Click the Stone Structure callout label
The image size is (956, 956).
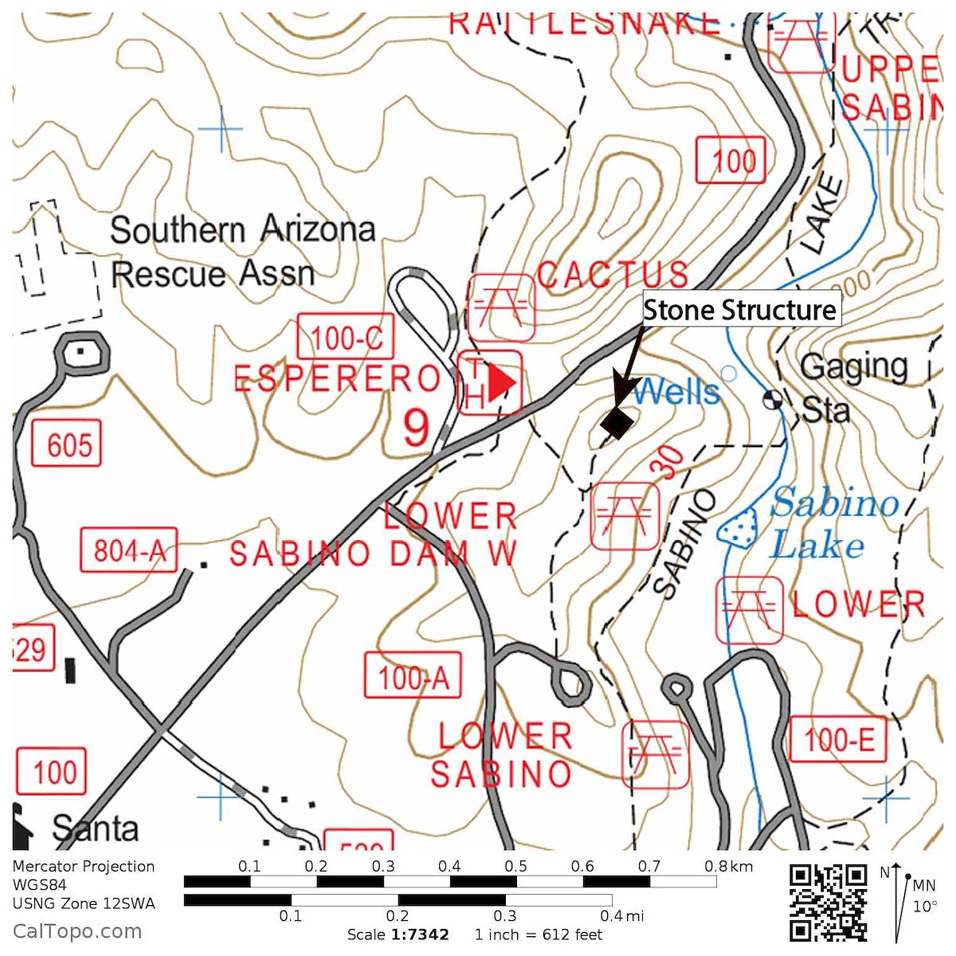740,309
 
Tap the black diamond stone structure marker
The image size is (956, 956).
617,421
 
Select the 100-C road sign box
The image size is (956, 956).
346,337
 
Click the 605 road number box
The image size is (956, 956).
67,444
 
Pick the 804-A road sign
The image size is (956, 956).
128,550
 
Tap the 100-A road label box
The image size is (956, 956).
413,676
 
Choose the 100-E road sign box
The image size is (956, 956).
837,739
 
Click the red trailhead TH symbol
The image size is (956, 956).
490,382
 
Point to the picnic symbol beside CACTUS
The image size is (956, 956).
501,307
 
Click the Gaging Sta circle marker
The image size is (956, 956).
772,399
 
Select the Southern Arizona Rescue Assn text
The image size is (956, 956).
241,251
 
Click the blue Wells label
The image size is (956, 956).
676,391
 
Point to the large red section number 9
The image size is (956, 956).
417,429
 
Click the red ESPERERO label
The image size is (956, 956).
337,378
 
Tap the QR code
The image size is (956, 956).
828,903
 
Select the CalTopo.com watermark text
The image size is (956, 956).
77,931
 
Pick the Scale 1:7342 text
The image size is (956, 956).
398,934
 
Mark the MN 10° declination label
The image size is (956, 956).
924,895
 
